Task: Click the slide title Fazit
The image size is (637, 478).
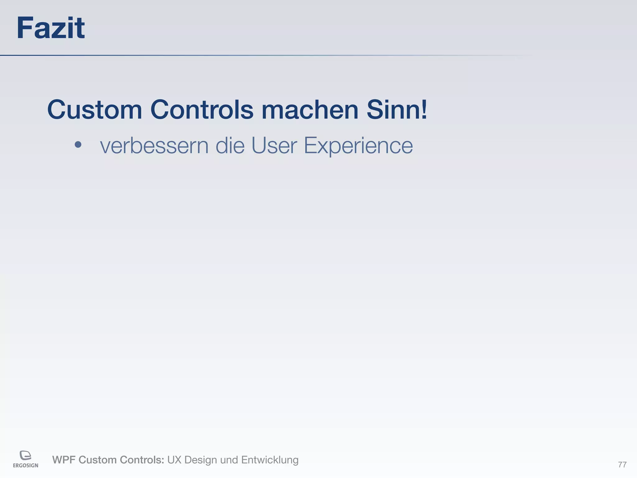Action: click(x=50, y=28)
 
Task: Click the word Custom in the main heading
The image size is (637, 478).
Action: click(x=95, y=110)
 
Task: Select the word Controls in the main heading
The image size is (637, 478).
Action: click(x=202, y=110)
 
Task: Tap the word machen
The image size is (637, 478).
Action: click(x=310, y=110)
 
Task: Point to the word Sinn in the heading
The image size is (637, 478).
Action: click(x=393, y=110)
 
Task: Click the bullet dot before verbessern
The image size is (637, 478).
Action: click(x=78, y=145)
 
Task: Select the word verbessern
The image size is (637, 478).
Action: click(x=154, y=145)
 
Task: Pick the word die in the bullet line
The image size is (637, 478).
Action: click(x=230, y=145)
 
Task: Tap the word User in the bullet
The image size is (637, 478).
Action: click(x=274, y=145)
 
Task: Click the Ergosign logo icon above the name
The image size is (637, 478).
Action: click(x=26, y=456)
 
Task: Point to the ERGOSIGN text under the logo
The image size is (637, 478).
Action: click(x=26, y=466)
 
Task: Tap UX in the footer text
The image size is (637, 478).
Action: click(x=174, y=460)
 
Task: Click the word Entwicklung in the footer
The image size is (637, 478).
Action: click(x=270, y=460)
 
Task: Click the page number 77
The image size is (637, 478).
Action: click(x=622, y=465)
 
